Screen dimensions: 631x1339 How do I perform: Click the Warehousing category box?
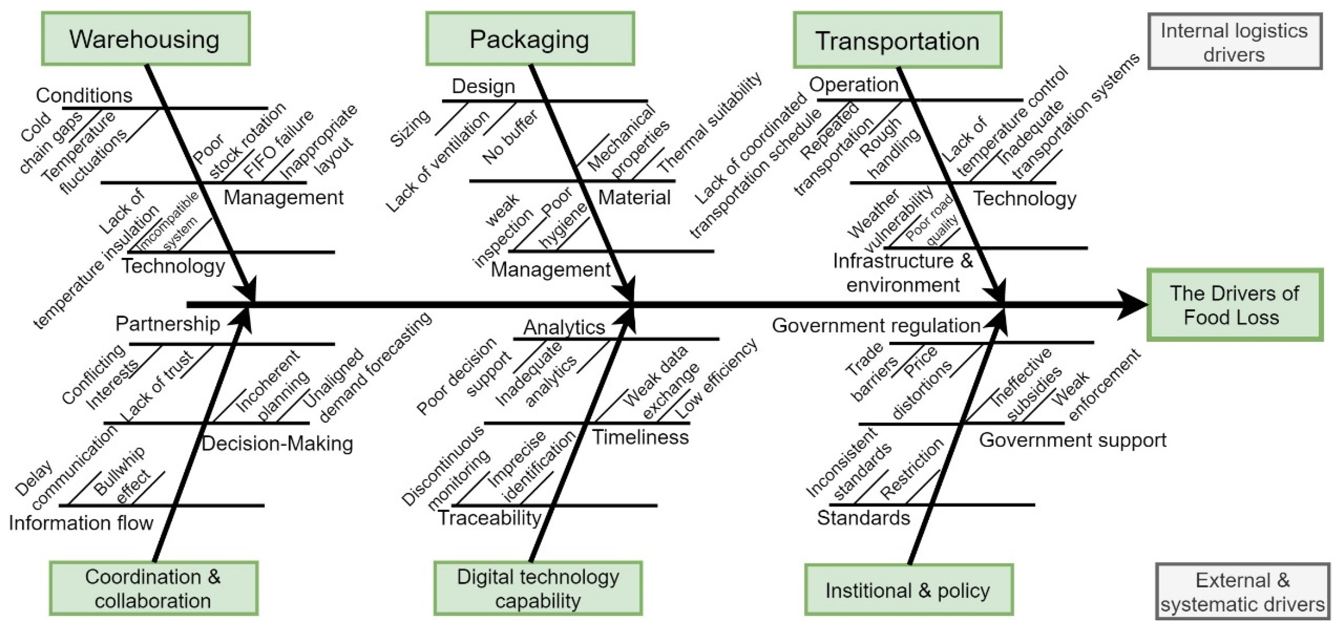[145, 39]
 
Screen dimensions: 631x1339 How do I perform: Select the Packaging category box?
[530, 39]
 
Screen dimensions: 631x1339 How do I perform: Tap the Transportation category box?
[897, 40]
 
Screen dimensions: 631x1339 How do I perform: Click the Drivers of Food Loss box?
[1235, 305]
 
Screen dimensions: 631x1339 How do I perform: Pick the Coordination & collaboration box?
[153, 588]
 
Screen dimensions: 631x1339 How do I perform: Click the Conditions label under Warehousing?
[84, 95]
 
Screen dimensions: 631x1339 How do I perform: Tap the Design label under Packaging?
[484, 86]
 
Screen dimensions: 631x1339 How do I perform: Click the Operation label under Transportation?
[854, 85]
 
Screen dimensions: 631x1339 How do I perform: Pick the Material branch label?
[634, 198]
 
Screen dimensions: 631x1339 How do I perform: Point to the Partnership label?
[167, 324]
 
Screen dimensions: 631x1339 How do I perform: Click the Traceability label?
[490, 518]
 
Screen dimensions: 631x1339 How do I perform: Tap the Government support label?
[1072, 440]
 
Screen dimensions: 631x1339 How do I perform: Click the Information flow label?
[81, 522]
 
